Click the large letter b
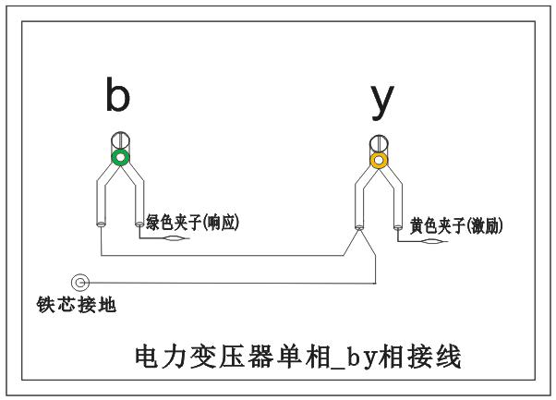click(x=117, y=95)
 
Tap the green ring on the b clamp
click(x=118, y=159)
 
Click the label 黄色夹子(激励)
click(x=456, y=224)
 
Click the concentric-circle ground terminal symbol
click(x=81, y=282)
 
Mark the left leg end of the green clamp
click(x=99, y=222)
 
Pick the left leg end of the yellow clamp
click(x=359, y=224)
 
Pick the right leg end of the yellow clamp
click(x=399, y=224)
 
